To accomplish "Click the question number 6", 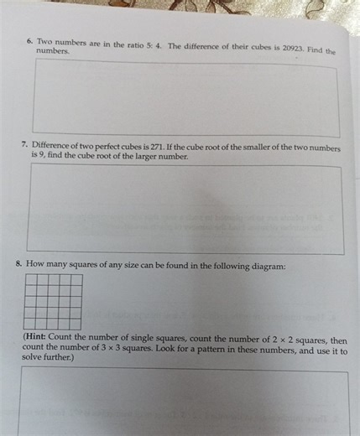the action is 29,39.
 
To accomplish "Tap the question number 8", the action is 18,264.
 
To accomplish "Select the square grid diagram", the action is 53,302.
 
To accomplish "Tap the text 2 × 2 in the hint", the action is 281,340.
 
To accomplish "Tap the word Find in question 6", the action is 316,49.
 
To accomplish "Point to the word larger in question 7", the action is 145,157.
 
